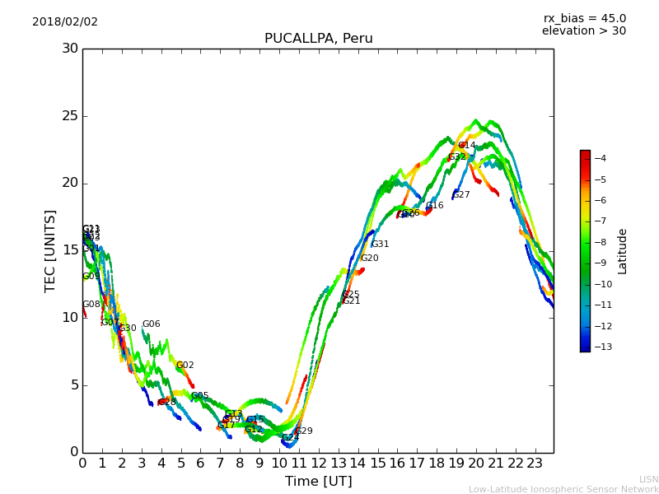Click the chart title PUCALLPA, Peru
click(318, 39)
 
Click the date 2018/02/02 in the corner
click(65, 21)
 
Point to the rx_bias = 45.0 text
click(584, 18)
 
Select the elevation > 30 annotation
click(583, 31)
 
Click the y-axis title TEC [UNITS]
click(51, 250)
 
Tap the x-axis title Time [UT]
click(318, 481)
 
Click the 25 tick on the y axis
click(70, 116)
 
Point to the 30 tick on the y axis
click(70, 49)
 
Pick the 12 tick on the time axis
click(318, 463)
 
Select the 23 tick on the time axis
click(535, 463)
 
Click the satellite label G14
click(466, 145)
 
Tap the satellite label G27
click(461, 195)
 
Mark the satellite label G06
click(151, 324)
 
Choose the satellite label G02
click(185, 366)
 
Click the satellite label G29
click(304, 431)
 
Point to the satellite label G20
click(369, 259)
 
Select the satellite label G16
click(434, 206)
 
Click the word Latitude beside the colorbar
click(622, 250)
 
